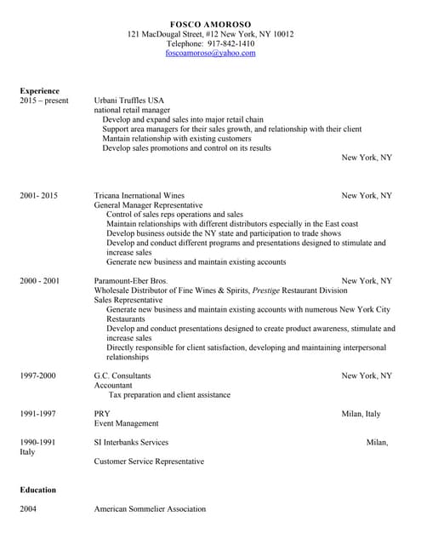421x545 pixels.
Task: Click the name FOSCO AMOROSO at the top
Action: click(210, 23)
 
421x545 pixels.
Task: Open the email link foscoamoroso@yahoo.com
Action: click(210, 53)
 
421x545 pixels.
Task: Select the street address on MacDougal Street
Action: click(210, 33)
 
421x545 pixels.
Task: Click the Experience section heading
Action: click(39, 90)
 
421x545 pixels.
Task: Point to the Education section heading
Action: click(37, 490)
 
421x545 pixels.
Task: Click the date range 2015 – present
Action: click(43, 100)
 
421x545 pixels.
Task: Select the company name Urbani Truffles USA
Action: click(128, 100)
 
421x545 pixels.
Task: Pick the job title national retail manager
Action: click(132, 110)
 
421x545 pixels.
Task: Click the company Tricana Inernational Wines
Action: click(139, 195)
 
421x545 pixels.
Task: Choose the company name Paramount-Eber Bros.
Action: click(131, 280)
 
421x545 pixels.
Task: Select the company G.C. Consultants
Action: click(122, 376)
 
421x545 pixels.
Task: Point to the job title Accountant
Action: click(113, 385)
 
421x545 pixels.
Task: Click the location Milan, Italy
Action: click(361, 414)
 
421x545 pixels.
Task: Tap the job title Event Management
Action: click(126, 423)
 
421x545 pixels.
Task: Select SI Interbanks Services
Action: click(131, 442)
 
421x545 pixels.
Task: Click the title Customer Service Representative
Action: click(149, 462)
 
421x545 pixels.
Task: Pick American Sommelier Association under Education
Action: click(150, 509)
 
